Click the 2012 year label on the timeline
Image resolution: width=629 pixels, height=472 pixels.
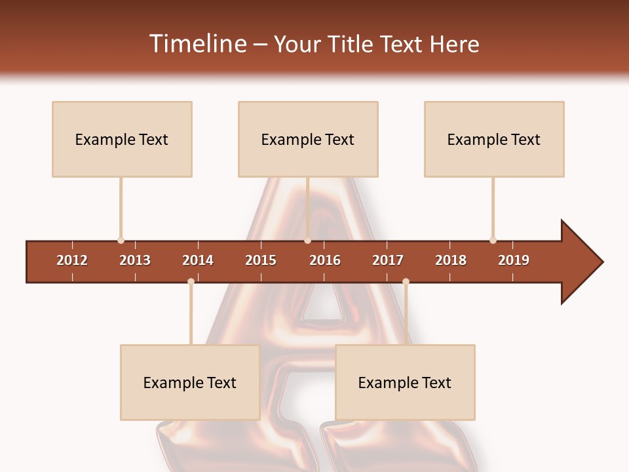72,260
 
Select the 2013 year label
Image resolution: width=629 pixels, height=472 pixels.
135,260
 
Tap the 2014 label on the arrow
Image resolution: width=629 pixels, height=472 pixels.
198,260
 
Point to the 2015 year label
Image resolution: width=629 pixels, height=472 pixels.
261,260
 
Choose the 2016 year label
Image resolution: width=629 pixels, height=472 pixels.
325,260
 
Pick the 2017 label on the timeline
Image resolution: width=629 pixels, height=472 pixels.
388,260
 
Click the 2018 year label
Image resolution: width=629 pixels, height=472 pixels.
451,260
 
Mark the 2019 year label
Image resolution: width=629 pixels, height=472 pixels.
514,260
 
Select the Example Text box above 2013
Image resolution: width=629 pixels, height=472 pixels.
122,139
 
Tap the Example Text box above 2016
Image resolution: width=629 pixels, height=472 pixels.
308,139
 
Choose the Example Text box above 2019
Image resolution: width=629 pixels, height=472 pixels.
494,139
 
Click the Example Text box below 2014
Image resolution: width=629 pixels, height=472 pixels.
190,382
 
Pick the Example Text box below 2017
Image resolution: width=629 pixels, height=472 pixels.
405,382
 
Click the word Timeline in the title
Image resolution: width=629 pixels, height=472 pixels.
197,44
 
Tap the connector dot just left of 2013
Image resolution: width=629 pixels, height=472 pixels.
121,241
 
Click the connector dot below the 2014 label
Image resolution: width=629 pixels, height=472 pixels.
191,281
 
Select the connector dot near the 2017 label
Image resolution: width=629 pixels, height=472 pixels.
406,281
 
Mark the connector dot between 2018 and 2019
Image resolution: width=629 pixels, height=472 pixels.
493,241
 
